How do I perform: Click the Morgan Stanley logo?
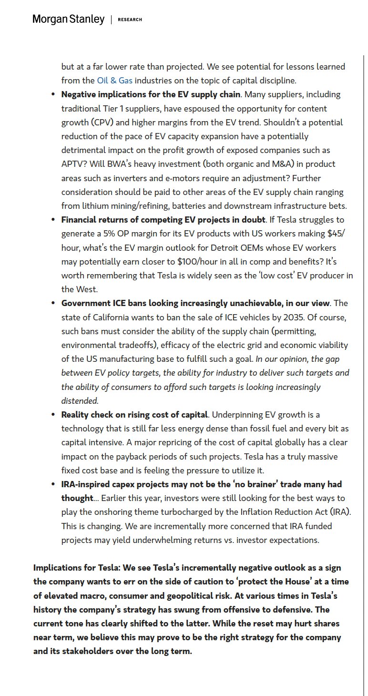coord(68,20)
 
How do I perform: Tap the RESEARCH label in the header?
coord(130,20)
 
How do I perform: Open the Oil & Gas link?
coord(114,81)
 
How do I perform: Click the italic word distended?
coord(79,401)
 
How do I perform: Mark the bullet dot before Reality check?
coord(53,415)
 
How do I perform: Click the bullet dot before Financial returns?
coord(53,220)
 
